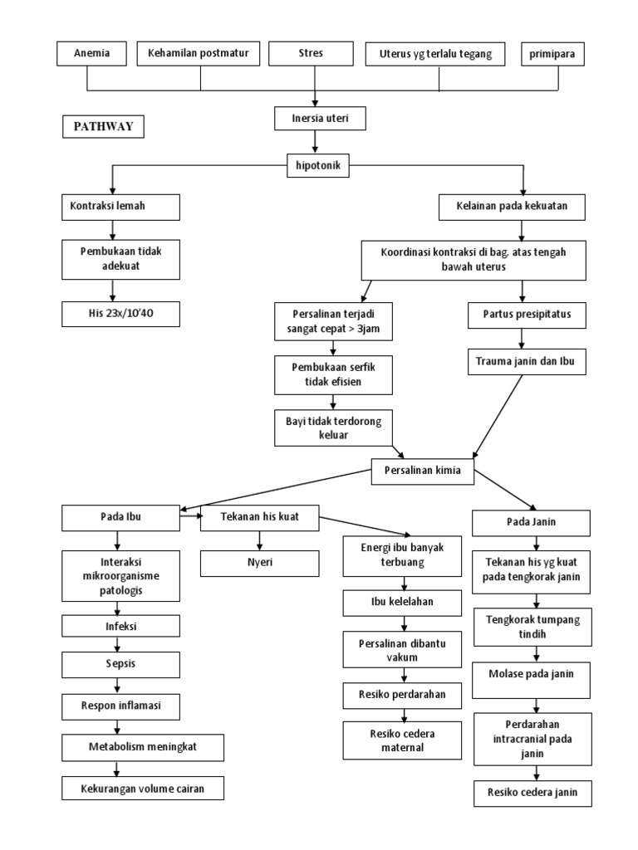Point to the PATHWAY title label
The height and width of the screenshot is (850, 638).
[104, 127]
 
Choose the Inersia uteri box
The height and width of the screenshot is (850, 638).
[320, 120]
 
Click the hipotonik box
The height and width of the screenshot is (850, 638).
[318, 165]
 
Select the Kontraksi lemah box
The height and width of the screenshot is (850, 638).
[120, 207]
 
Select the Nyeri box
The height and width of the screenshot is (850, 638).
[259, 563]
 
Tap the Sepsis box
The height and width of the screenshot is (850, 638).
[120, 665]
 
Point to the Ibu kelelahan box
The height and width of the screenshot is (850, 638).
[403, 602]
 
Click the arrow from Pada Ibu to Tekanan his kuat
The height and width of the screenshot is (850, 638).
[190, 516]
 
